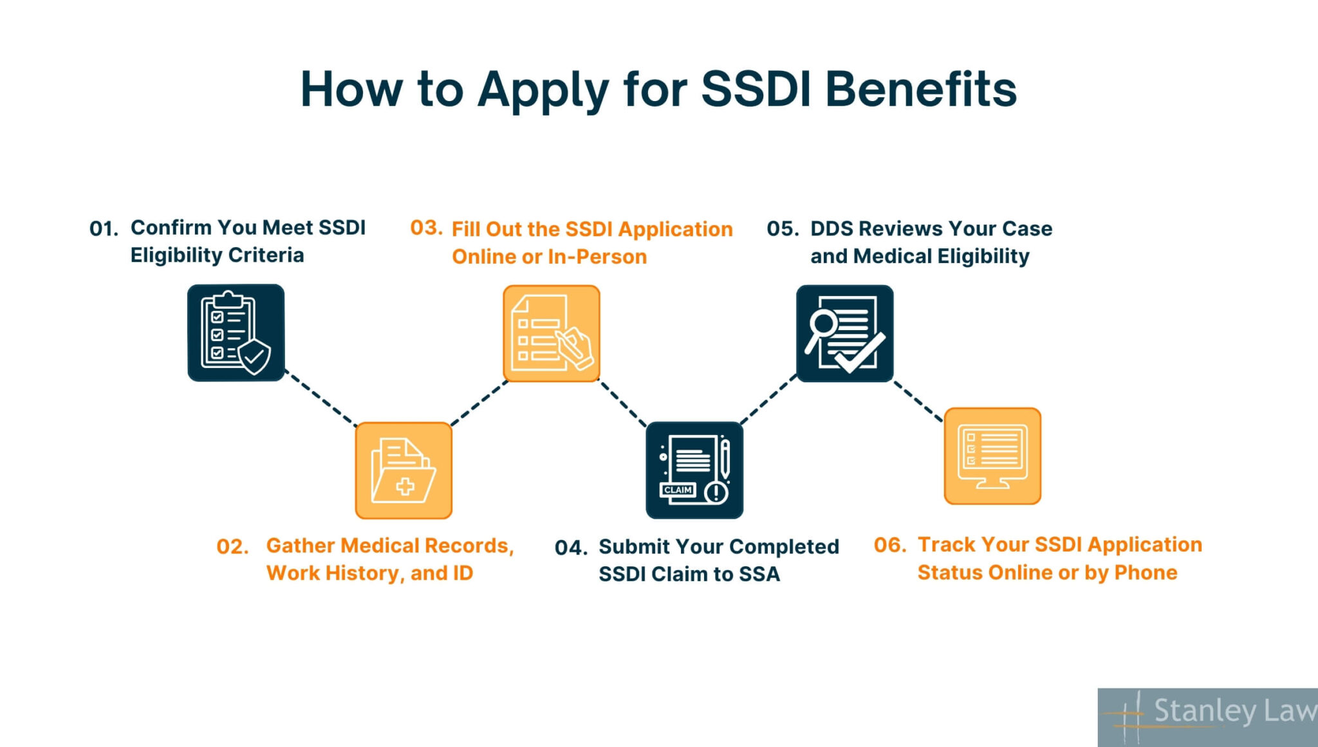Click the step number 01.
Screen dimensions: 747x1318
pyautogui.click(x=103, y=229)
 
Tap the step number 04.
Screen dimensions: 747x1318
pyautogui.click(x=570, y=548)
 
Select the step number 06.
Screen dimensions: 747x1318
pyautogui.click(x=889, y=546)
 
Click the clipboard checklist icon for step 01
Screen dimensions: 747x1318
pyautogui.click(x=236, y=333)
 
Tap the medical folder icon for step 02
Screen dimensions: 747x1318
pyautogui.click(x=404, y=470)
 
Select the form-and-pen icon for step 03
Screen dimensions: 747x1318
pyautogui.click(x=551, y=333)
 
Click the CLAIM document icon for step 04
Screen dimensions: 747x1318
pyautogui.click(x=694, y=470)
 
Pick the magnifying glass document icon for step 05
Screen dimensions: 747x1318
pyautogui.click(x=844, y=333)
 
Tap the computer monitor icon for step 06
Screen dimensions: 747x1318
pyautogui.click(x=992, y=456)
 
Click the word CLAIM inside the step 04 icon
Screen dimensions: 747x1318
pyautogui.click(x=678, y=490)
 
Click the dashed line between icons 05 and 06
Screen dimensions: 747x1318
pyautogui.click(x=918, y=401)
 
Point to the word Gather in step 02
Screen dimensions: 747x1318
pyautogui.click(x=300, y=546)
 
